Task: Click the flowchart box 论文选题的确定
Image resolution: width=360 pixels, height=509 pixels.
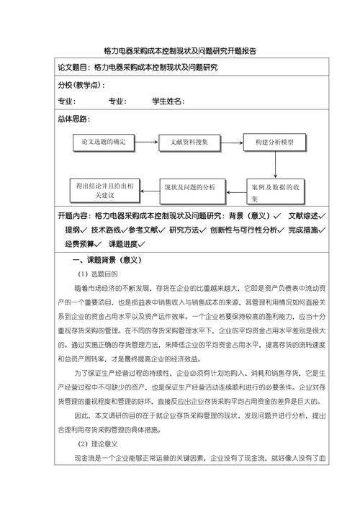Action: (x=104, y=143)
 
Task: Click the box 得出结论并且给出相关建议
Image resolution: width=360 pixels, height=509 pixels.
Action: (x=104, y=188)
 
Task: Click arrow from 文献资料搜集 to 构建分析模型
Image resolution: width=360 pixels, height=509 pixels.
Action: (x=231, y=143)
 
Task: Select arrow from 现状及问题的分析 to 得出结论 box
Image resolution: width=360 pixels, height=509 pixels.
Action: (x=148, y=187)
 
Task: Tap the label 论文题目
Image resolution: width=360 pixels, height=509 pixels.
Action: (x=75, y=68)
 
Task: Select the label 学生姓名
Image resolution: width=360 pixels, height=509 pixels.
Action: (x=168, y=102)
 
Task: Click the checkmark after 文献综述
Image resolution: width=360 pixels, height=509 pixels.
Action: (x=323, y=216)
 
